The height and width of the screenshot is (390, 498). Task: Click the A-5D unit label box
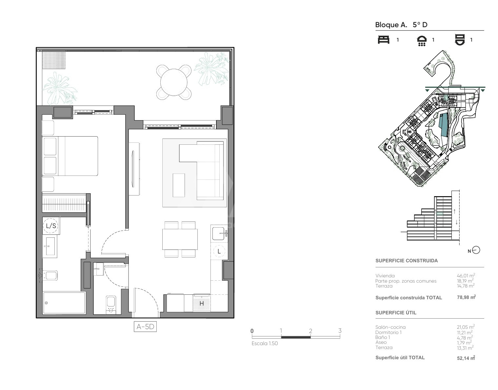145,326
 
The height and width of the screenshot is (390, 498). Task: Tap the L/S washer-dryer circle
51,226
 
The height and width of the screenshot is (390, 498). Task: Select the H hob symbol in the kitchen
202,304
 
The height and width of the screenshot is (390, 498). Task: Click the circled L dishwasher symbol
219,251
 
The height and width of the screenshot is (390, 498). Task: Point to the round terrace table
174,82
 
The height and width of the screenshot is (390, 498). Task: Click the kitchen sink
219,233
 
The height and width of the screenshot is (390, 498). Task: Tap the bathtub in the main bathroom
64,303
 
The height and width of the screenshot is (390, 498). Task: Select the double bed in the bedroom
70,156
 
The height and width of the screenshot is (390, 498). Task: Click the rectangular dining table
180,239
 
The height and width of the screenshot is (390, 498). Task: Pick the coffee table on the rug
179,185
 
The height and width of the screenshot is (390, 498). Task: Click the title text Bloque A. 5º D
401,25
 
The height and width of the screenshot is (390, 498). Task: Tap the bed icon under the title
383,40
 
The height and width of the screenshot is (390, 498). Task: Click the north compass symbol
476,250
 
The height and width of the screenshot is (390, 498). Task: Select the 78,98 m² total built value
467,297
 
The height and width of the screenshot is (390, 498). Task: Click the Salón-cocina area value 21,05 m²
466,327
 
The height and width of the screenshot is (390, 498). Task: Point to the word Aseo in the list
381,343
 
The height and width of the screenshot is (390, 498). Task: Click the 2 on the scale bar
310,331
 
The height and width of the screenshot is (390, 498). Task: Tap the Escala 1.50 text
265,344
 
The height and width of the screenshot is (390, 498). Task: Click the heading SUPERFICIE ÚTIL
396,313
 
